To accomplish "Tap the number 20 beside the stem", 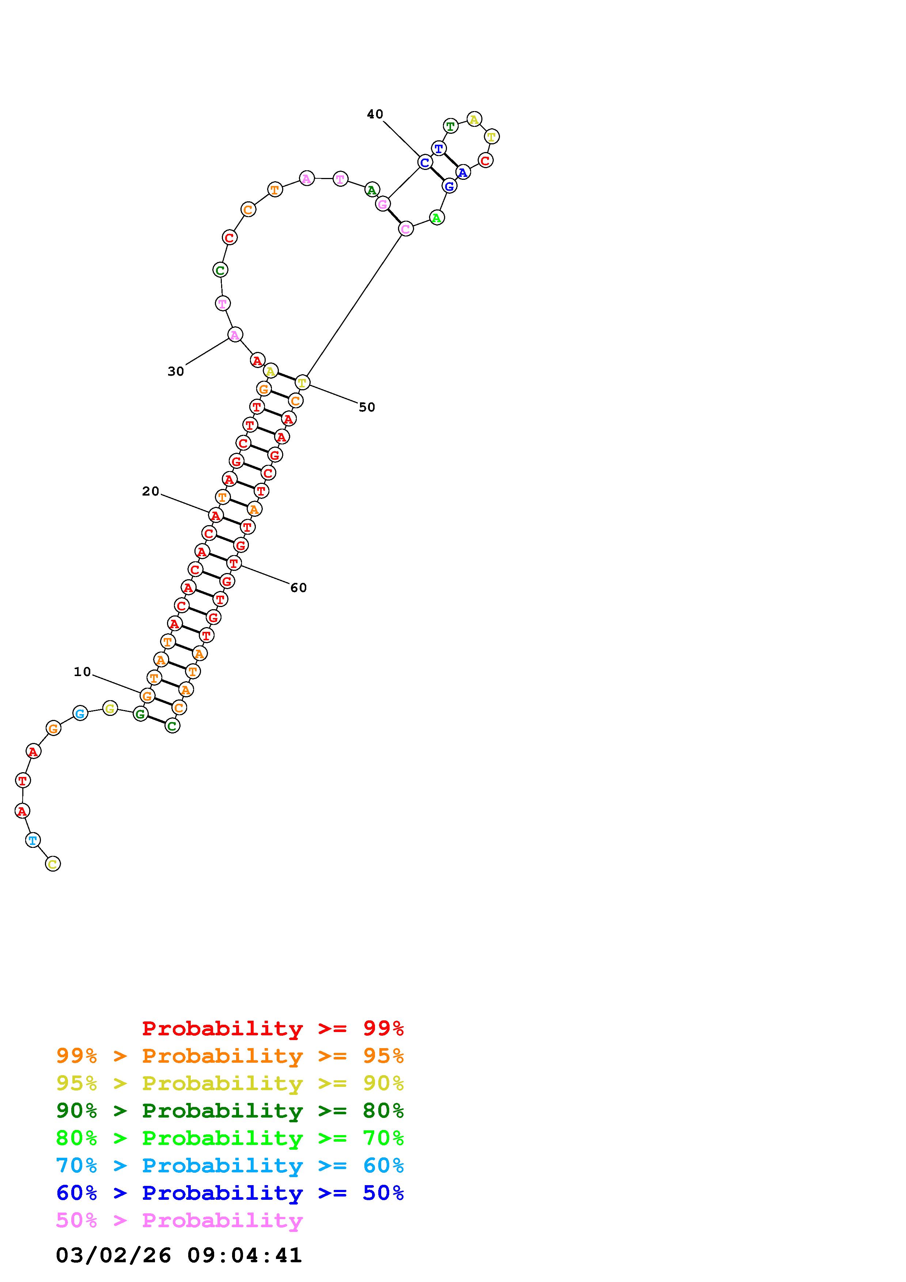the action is [151, 492].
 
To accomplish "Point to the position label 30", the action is [176, 371].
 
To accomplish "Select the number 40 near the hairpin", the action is [375, 114].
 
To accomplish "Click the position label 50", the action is [367, 407].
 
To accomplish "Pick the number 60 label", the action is [299, 587].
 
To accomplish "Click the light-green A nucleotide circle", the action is [436, 218].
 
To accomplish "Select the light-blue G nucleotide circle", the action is [80, 713].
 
